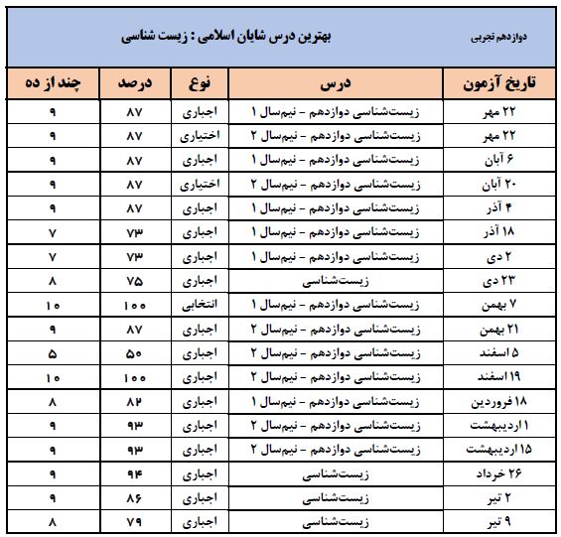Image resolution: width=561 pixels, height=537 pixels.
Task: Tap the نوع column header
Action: [x=203, y=83]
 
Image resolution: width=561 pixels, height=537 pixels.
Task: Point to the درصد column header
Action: [x=137, y=83]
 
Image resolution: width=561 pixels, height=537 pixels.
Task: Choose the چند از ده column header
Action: [x=53, y=83]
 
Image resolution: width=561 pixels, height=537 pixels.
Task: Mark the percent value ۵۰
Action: [x=137, y=352]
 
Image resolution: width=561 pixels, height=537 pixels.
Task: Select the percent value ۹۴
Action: [x=137, y=473]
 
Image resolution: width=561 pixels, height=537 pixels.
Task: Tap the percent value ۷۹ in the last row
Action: [x=137, y=522]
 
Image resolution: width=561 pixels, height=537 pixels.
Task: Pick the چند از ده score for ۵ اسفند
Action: [x=53, y=352]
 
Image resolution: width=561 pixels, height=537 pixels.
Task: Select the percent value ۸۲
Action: [x=137, y=401]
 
